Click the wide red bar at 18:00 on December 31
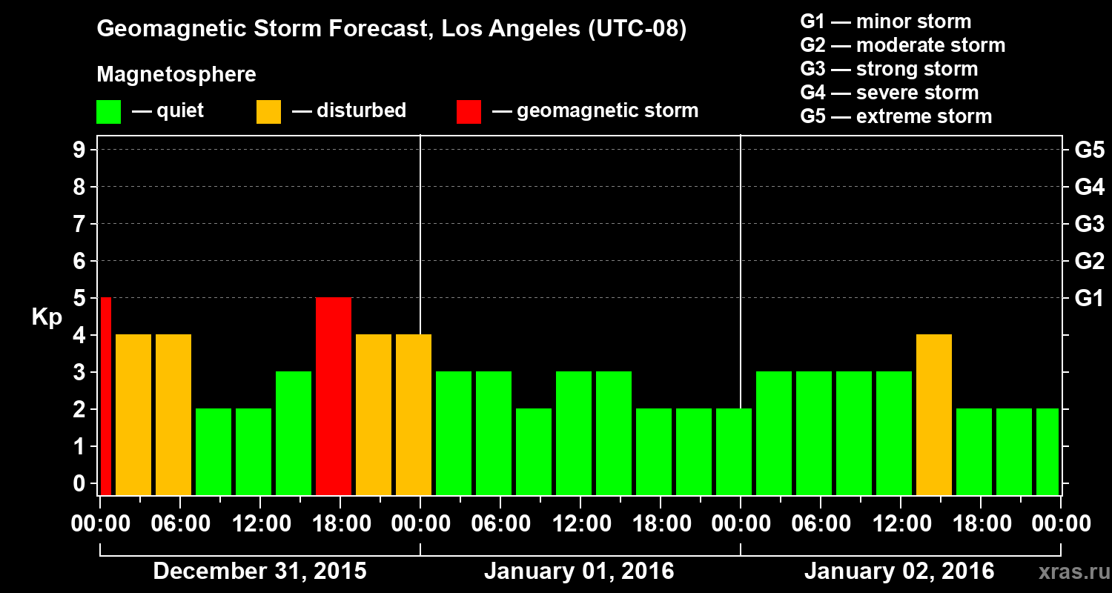[334, 396]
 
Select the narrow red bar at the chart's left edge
[105, 396]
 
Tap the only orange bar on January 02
[934, 414]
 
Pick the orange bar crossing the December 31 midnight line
[414, 414]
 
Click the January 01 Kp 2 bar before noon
[534, 451]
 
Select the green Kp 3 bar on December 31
[294, 433]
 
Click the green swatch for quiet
[108, 112]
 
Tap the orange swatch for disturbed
[268, 112]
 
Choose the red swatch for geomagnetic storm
[469, 112]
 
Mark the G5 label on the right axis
[1089, 150]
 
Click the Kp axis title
[47, 317]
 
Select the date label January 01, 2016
[579, 572]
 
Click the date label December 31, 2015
[259, 572]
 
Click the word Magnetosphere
[176, 75]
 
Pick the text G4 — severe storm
[890, 93]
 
